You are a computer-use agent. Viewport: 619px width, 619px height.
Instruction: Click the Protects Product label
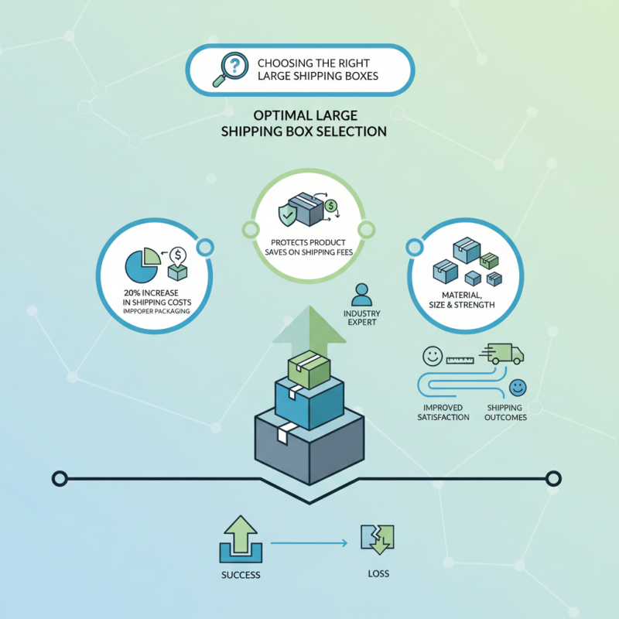pyautogui.click(x=309, y=243)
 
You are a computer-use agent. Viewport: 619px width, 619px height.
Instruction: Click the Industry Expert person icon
pyautogui.click(x=361, y=295)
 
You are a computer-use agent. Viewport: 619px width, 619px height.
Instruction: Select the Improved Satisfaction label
pyautogui.click(x=443, y=412)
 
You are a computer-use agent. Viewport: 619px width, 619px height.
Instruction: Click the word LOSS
pyautogui.click(x=378, y=574)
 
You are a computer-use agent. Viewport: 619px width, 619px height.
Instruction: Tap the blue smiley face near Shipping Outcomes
pyautogui.click(x=518, y=386)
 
